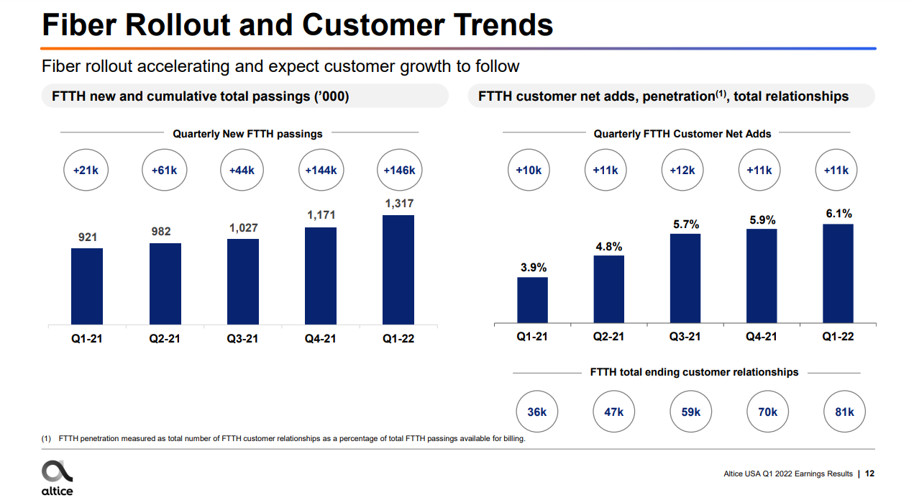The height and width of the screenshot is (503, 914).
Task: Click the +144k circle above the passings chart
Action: point(321,171)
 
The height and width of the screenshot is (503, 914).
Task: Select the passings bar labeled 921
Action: point(87,286)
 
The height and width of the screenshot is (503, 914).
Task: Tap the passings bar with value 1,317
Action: point(398,269)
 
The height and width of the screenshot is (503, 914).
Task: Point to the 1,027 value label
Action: point(243,228)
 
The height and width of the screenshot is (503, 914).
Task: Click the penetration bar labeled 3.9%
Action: point(532,300)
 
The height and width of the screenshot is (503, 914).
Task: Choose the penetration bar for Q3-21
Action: point(685,278)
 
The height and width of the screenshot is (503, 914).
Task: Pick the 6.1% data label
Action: point(838,214)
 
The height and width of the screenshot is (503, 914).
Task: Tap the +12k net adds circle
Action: point(682,171)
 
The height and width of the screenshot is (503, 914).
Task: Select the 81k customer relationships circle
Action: point(844,412)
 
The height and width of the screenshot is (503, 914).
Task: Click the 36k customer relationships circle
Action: point(537,412)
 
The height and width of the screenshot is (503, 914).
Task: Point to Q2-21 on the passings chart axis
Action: point(165,338)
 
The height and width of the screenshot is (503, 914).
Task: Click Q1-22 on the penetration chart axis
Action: point(838,336)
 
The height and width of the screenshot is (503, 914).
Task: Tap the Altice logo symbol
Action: point(57,471)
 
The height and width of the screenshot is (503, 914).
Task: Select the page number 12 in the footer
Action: point(870,473)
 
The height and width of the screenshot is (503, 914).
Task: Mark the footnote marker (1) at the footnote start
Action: point(47,439)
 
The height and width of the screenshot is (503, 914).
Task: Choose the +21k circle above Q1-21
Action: point(86,171)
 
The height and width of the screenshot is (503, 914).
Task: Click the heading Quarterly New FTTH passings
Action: point(247,133)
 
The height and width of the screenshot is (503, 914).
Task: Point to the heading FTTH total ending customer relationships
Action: point(694,372)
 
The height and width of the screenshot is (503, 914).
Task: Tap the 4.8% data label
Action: point(608,246)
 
